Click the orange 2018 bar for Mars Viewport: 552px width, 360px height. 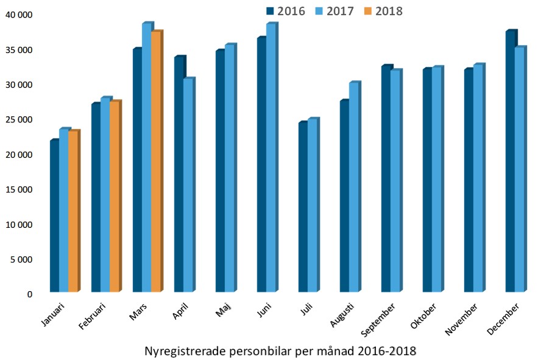[155, 161]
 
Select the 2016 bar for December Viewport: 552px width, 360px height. [510, 161]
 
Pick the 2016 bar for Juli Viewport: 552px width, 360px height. [303, 207]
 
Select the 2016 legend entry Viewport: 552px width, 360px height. [285, 11]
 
